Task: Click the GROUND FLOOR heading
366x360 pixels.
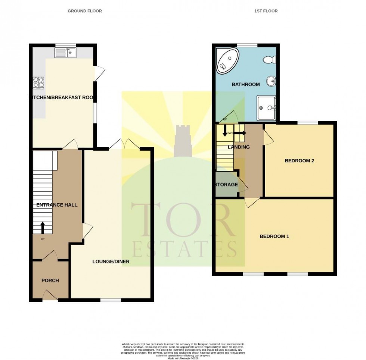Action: click(84, 11)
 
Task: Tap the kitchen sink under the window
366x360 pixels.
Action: click(65, 54)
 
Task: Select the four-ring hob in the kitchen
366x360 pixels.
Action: click(38, 82)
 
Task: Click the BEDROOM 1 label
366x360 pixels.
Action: click(274, 237)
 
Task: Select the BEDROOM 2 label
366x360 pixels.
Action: click(299, 161)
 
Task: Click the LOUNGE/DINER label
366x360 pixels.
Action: click(111, 262)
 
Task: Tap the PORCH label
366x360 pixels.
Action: click(50, 281)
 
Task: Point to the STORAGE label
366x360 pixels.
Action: click(226, 185)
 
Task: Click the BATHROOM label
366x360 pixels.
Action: click(245, 85)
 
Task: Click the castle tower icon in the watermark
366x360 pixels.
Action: click(184, 141)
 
